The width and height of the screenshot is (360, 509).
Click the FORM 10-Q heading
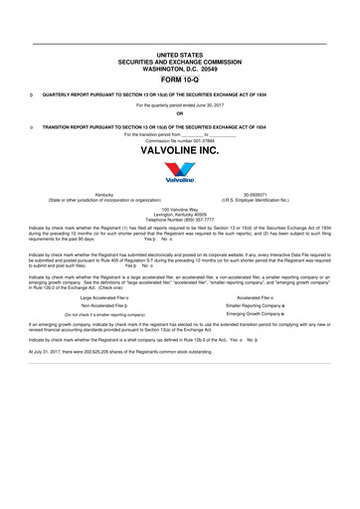tap(179, 79)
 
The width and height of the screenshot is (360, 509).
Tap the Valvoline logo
tap(179, 177)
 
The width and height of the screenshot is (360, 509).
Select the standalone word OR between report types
tap(179, 112)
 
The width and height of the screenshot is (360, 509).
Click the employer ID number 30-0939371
tap(256, 195)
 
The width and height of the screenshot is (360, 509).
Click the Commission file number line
tap(179, 140)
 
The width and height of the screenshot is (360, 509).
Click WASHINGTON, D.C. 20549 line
tap(179, 69)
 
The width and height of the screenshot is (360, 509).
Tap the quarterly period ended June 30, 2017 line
tap(179, 103)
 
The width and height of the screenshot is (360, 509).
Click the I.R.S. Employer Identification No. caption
tap(256, 200)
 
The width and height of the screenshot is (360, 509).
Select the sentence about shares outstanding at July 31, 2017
tap(129, 352)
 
